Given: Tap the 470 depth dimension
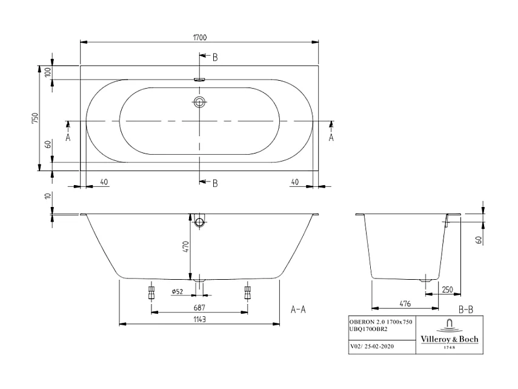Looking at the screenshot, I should coord(187,246).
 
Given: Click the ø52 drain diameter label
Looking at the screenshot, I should coord(178,292).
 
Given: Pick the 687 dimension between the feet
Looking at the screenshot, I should coord(199,307).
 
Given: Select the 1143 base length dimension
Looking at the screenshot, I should coord(199,319).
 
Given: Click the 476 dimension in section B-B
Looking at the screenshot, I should coord(397,303).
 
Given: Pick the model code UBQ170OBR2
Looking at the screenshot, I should coord(368,328).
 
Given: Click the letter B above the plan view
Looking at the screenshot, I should coord(215,58).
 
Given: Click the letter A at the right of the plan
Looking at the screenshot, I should coord(331,138).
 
